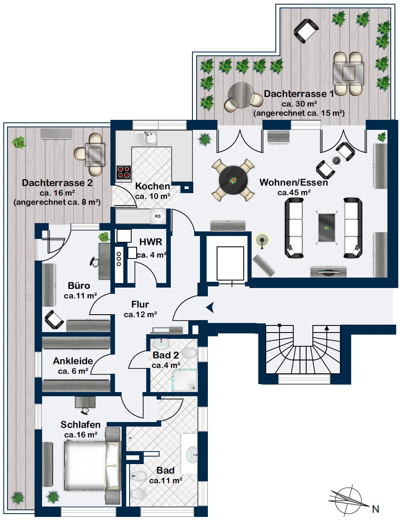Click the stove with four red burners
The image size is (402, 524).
(x=124, y=172)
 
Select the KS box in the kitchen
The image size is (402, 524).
(x=157, y=216)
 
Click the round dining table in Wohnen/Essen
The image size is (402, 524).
(x=233, y=180)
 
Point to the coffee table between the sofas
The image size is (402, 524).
(x=327, y=227)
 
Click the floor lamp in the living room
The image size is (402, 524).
(x=262, y=241)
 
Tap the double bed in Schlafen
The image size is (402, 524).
(x=92, y=465)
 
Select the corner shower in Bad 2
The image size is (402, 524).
(x=185, y=380)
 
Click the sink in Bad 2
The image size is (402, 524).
(x=161, y=343)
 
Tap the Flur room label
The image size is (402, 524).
(x=140, y=304)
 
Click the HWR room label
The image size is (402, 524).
(x=150, y=242)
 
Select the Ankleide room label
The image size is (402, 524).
(x=73, y=361)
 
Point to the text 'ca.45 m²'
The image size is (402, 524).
(x=294, y=192)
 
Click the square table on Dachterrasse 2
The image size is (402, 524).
(x=95, y=155)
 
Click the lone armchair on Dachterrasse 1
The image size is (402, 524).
(x=306, y=31)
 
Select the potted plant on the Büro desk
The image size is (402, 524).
(x=104, y=236)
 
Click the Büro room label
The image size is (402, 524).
(x=79, y=286)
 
